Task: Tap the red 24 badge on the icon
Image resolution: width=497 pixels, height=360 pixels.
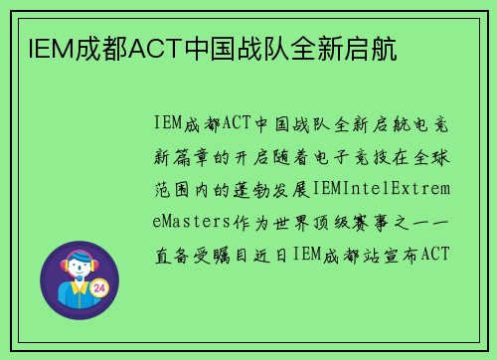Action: [98, 288]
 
